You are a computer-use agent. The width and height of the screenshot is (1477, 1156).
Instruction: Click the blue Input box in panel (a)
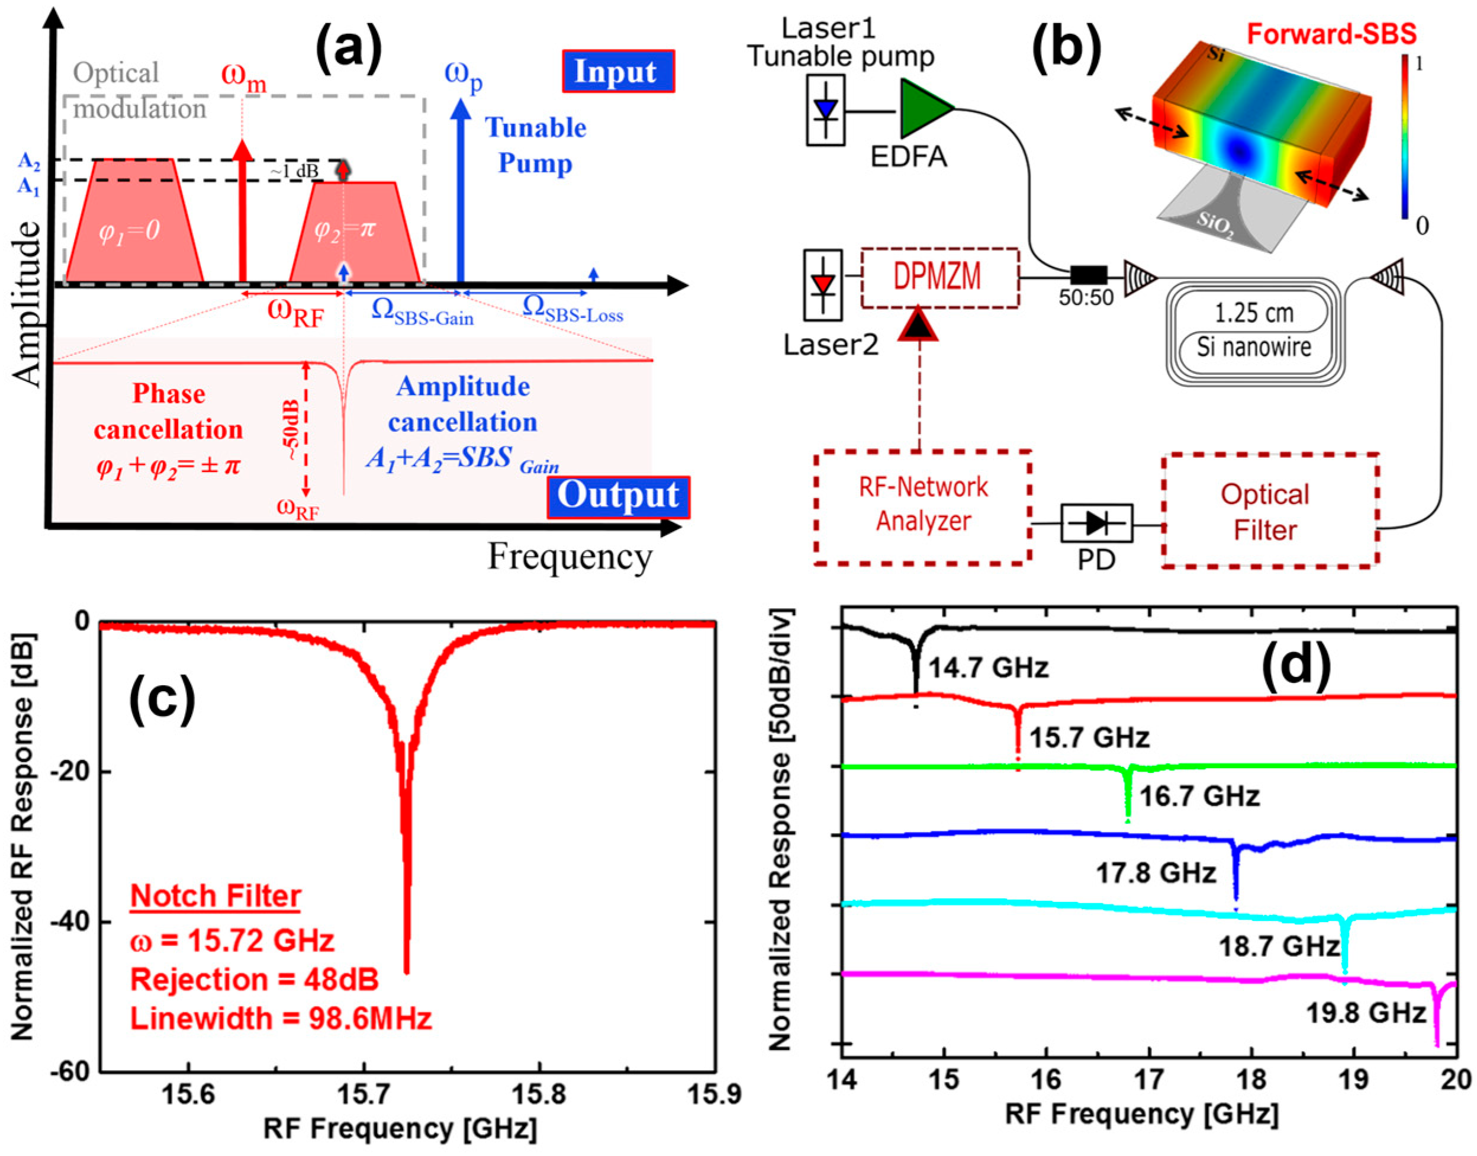tap(617, 71)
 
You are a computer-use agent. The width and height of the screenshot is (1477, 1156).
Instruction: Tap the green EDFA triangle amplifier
tap(923, 108)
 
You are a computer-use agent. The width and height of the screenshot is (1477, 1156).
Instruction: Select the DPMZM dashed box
tap(939, 278)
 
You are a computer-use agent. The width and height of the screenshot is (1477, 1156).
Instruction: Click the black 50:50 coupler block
tap(1089, 275)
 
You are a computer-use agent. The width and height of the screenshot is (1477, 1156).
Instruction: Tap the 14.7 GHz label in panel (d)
tap(988, 668)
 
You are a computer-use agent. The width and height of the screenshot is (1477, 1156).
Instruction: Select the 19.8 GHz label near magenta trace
tap(1365, 1014)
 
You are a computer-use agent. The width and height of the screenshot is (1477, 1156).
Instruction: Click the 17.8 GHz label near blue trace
tap(1156, 873)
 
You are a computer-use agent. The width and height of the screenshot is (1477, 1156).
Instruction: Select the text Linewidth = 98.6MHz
tap(281, 1019)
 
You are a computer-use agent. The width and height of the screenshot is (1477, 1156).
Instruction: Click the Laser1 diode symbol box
tap(825, 110)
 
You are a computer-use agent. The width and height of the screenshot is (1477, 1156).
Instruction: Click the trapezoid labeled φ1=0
tap(133, 223)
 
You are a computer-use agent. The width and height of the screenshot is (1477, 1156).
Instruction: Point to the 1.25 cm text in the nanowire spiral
tap(1254, 313)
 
